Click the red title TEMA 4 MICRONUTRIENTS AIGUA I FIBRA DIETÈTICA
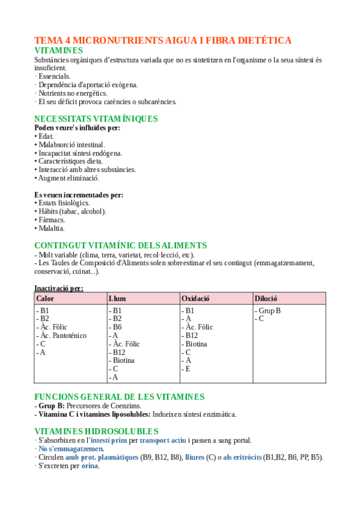163,40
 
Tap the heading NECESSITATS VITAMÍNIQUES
96,118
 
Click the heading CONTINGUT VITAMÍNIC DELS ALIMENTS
120,245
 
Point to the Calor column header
45,298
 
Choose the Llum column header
117,298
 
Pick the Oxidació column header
195,298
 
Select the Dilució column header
266,298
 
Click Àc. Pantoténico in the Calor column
62,336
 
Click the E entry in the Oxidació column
188,369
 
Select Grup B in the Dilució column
269,310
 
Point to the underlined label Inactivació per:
59,288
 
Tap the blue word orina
90,465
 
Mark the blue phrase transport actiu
163,440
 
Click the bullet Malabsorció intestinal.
70,144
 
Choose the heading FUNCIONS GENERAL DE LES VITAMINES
119,397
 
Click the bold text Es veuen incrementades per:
79,194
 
